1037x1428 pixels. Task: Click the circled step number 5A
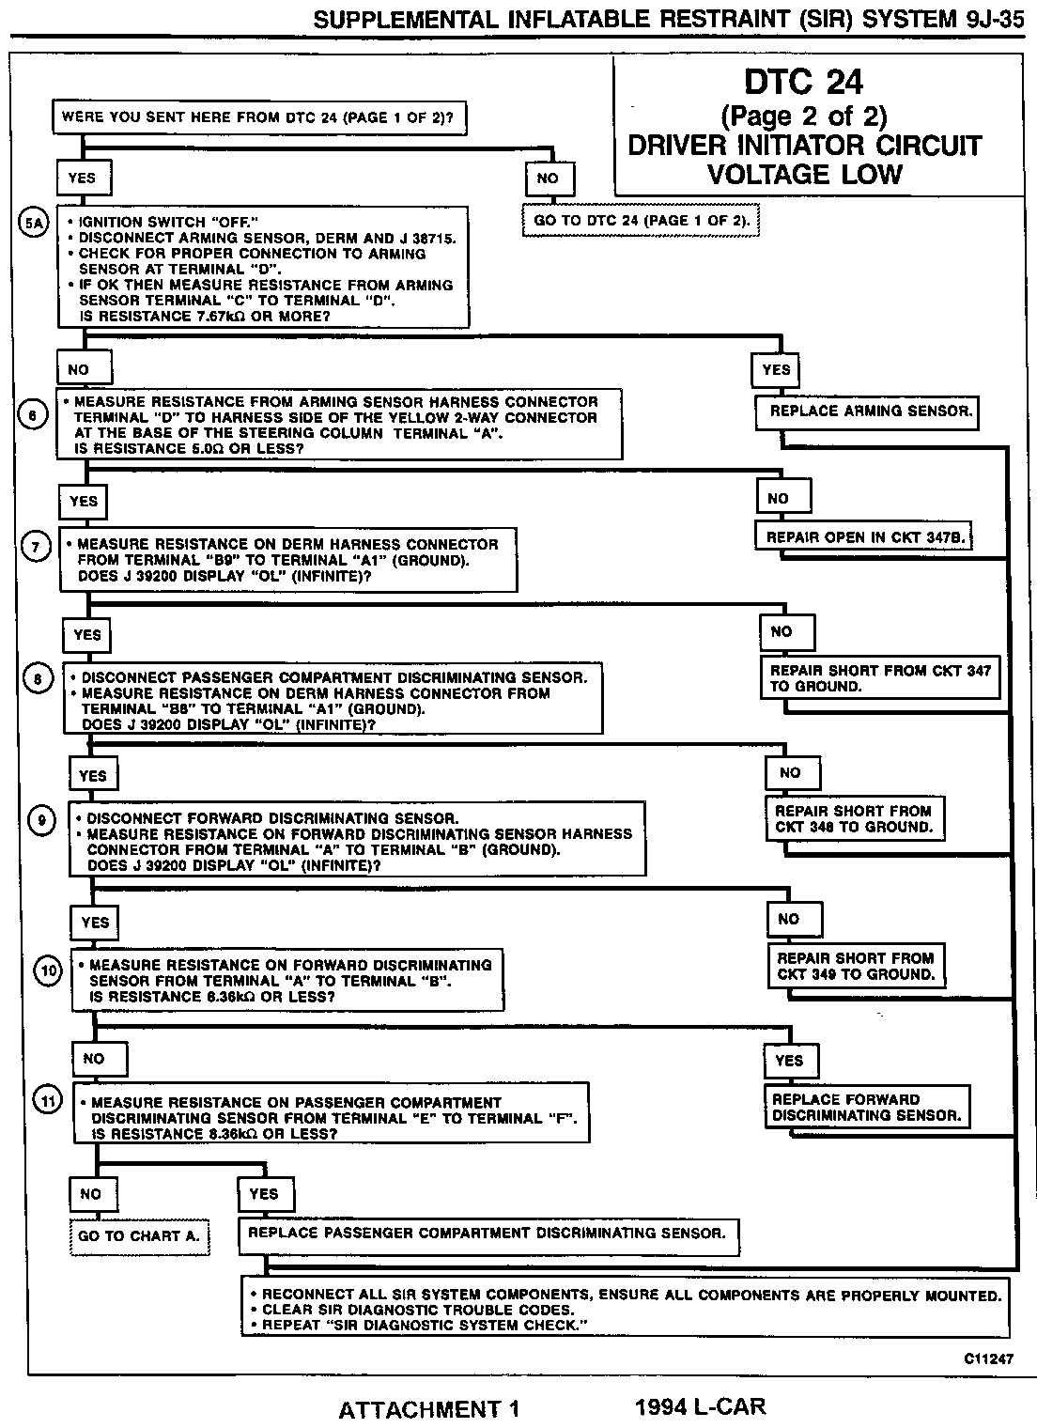coord(34,224)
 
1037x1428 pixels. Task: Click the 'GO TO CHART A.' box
coord(139,1236)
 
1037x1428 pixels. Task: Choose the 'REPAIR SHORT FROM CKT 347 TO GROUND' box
coord(880,678)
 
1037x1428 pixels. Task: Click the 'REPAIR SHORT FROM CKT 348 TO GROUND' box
coord(854,819)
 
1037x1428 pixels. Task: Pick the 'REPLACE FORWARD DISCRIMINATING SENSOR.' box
coord(866,1108)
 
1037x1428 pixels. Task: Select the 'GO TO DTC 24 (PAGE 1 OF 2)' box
coord(642,221)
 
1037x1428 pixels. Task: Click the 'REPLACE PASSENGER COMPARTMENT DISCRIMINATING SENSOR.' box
coord(487,1233)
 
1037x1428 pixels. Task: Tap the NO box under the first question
coord(548,178)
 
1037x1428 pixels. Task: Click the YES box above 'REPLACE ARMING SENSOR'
coord(776,369)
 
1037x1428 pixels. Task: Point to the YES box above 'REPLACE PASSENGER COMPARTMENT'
coord(264,1194)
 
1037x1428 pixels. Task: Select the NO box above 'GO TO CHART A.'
coord(90,1194)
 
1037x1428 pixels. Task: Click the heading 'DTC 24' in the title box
coord(803,82)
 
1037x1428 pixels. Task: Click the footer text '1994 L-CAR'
coord(700,1406)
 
